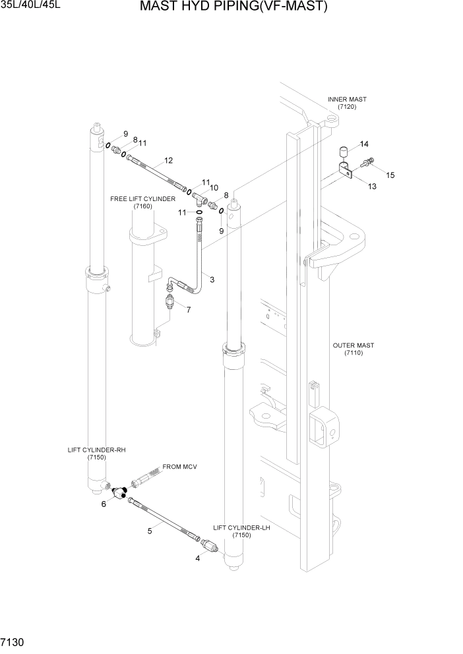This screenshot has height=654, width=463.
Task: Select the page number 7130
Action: click(x=14, y=641)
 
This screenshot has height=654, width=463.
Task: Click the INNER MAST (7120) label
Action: click(x=347, y=103)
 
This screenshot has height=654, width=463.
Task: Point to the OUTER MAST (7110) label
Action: click(x=353, y=349)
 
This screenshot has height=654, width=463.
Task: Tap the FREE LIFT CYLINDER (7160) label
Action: click(x=142, y=202)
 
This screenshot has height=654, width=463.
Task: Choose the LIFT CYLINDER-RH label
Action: click(x=96, y=454)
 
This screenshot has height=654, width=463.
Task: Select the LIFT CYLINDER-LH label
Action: click(x=241, y=531)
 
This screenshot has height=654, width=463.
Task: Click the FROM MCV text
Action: click(x=180, y=467)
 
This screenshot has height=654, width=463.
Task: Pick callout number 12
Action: click(x=169, y=160)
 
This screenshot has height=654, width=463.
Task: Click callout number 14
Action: click(x=364, y=144)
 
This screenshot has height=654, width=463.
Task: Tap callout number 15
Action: click(x=390, y=175)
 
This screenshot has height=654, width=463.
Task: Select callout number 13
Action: click(x=372, y=187)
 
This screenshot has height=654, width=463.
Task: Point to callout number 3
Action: click(x=212, y=280)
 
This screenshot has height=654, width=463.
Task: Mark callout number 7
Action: click(x=189, y=309)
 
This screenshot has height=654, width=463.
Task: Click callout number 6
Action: click(x=104, y=504)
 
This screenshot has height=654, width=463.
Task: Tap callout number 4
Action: click(x=197, y=558)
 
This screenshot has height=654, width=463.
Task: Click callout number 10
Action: click(x=214, y=187)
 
